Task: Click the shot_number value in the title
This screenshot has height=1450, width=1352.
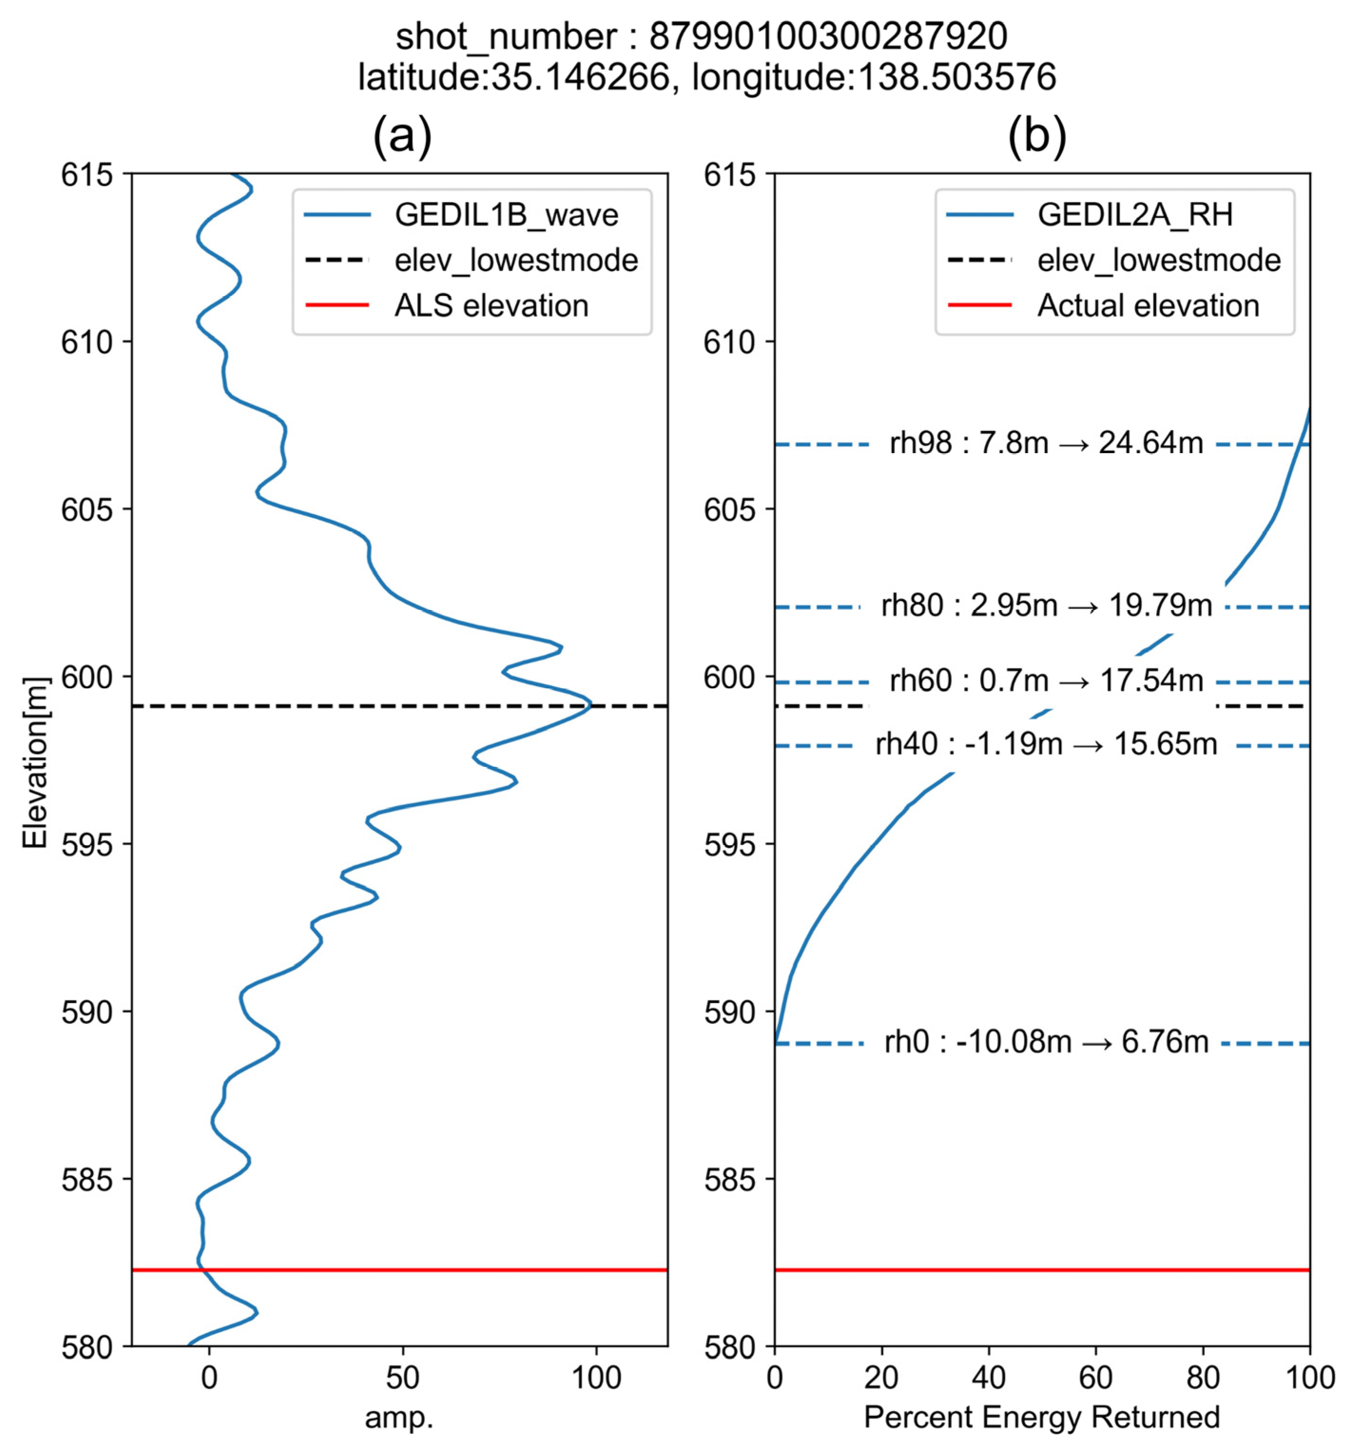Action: coord(827,37)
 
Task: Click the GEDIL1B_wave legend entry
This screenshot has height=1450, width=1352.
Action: coord(506,214)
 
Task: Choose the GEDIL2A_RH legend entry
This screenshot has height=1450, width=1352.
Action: coord(1135,214)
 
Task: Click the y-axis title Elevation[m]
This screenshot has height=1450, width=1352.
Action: coord(35,763)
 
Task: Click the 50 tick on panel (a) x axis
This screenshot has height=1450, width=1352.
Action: coord(402,1378)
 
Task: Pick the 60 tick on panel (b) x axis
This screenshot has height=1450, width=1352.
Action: coord(1095,1378)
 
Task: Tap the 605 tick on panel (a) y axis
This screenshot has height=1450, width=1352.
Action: coord(87,509)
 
